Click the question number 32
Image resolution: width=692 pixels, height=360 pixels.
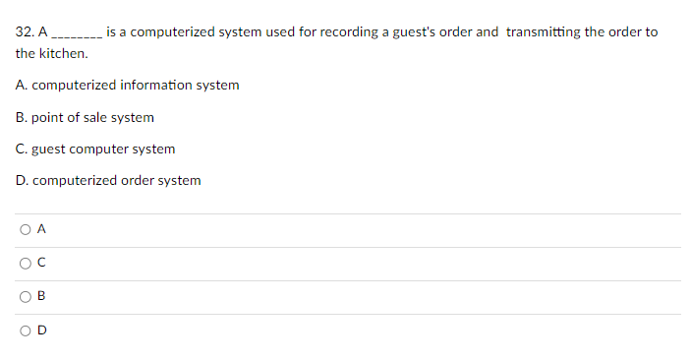[25, 31]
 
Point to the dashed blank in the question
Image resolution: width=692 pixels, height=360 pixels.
[76, 33]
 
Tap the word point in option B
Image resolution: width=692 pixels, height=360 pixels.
[47, 117]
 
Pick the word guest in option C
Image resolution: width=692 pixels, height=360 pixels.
[48, 150]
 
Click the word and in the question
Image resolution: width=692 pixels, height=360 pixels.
[488, 31]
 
